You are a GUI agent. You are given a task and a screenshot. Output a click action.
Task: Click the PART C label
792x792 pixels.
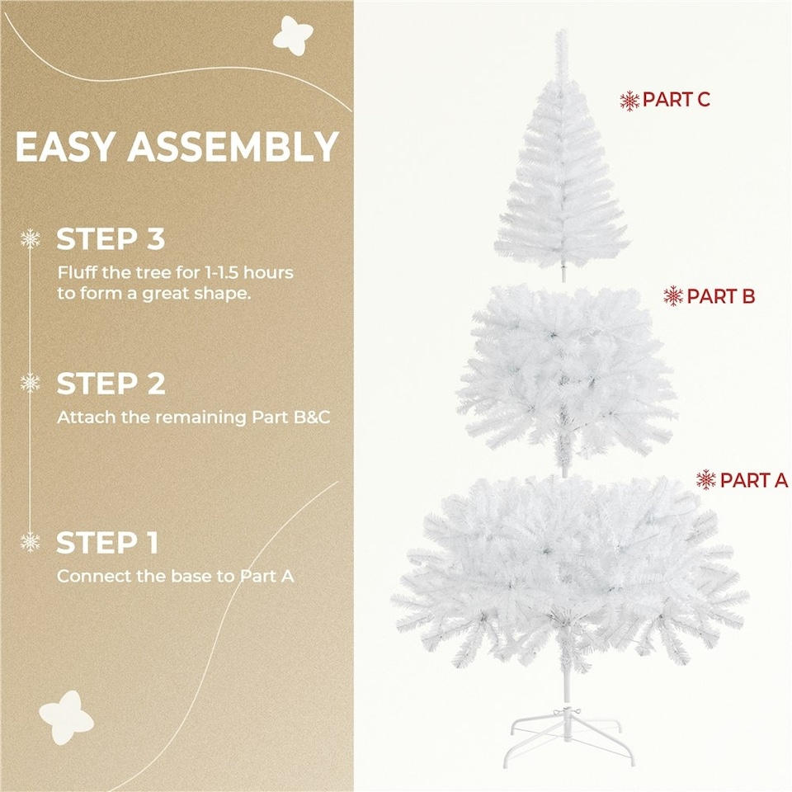coord(676,100)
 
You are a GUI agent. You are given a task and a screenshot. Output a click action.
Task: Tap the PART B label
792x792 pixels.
coord(720,295)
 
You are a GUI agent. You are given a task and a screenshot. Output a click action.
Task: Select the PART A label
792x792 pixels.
coord(754,479)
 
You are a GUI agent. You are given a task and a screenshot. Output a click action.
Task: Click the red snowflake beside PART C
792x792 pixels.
coord(629,101)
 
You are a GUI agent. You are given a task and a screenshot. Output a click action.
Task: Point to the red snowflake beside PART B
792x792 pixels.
coord(674,295)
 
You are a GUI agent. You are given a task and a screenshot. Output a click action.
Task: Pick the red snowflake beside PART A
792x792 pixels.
coord(706,479)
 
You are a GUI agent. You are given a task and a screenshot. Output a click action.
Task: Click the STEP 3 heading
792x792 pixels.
coord(111,239)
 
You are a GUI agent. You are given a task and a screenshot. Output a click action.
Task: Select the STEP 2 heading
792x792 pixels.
coord(111,384)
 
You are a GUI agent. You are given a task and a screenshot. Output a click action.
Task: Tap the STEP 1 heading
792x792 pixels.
coord(107,543)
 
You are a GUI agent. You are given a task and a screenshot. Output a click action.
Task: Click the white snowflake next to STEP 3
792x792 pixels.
coord(31,239)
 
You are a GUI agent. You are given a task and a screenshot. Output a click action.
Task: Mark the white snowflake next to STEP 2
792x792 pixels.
coord(31,383)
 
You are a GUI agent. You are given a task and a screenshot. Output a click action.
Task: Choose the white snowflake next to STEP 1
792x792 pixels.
coord(31,542)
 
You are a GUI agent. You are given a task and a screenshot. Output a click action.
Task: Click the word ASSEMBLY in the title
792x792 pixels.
coord(233,147)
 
